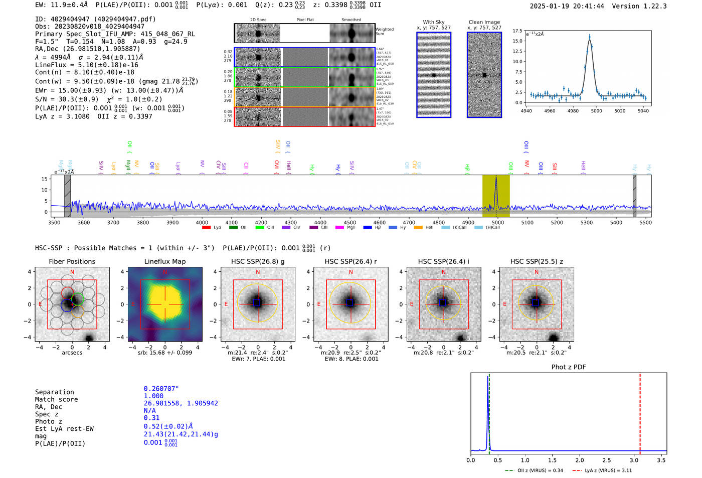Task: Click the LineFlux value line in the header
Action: (86, 65)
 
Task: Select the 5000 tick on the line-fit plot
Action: (596, 111)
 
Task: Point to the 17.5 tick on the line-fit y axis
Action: (517, 31)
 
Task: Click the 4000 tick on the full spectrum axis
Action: (202, 223)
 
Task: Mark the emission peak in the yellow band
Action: (496, 177)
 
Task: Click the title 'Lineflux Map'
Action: (164, 261)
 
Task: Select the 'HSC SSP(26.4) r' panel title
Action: (350, 261)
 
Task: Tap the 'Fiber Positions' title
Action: (72, 261)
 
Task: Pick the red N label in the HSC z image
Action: (537, 272)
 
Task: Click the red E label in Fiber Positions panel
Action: (40, 304)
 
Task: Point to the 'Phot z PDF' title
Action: (569, 367)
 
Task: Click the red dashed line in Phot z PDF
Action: (640, 411)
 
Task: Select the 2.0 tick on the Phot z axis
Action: (579, 460)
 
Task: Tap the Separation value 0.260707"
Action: (161, 389)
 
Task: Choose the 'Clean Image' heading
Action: (484, 22)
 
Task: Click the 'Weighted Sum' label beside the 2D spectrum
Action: (384, 31)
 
